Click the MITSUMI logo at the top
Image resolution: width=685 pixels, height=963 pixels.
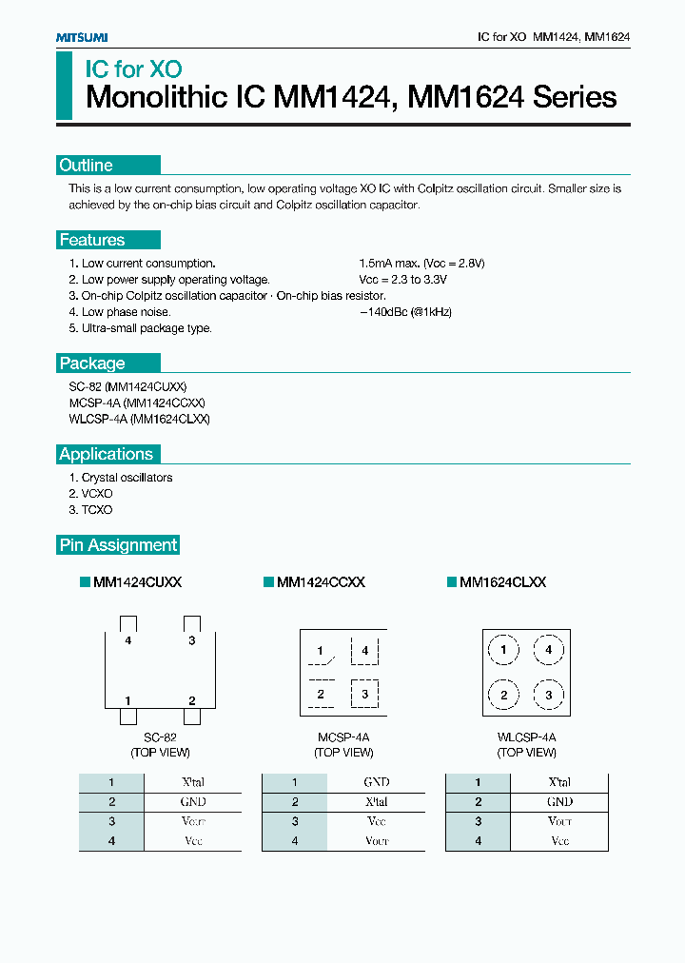click(x=81, y=36)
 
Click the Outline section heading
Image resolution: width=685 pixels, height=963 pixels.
click(x=86, y=166)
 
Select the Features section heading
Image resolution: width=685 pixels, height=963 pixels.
click(x=92, y=241)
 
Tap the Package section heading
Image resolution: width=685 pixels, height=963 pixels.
click(x=92, y=364)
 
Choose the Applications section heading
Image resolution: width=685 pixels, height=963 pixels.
click(x=106, y=455)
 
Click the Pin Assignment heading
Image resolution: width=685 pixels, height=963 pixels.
click(x=118, y=545)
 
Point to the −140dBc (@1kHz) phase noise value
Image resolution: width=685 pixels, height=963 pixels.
click(x=406, y=312)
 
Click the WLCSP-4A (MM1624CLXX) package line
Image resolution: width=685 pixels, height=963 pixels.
click(x=139, y=419)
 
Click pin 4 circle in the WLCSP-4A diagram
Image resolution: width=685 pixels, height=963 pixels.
click(x=548, y=651)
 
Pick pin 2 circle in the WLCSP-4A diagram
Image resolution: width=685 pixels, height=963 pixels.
click(x=503, y=696)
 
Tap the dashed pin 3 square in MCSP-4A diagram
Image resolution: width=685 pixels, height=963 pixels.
click(x=364, y=695)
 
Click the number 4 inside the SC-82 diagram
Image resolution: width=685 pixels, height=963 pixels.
click(x=127, y=641)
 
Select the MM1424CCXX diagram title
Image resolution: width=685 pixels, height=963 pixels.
click(x=320, y=582)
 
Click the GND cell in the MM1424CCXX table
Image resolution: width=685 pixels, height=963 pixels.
click(x=377, y=782)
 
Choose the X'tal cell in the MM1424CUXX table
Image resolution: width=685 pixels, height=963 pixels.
click(x=193, y=782)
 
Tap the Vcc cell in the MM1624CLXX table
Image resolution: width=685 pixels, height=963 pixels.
click(x=559, y=841)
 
